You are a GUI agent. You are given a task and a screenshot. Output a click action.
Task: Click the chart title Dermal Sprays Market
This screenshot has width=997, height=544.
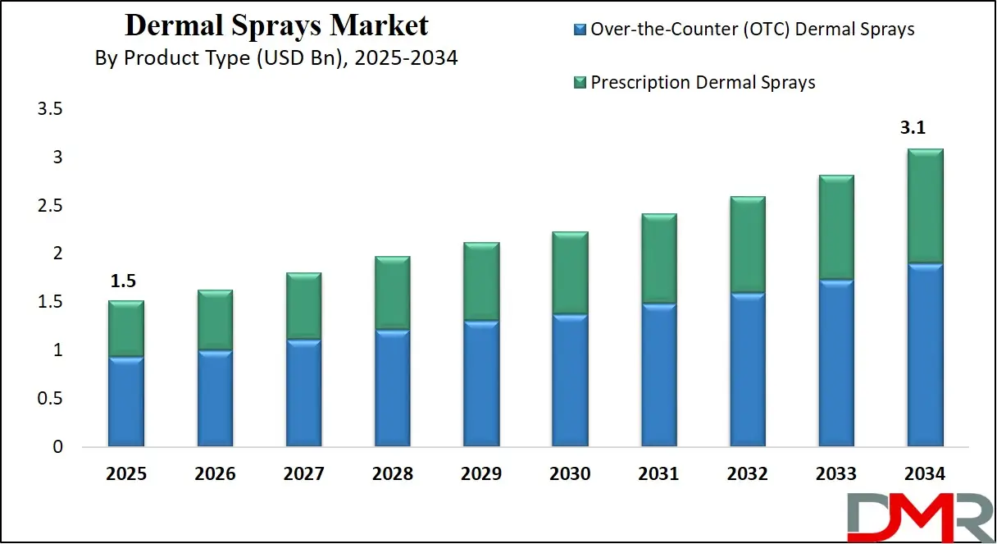pos(276,25)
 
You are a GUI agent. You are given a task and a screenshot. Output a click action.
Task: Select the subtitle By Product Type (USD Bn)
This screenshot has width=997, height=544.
pos(276,59)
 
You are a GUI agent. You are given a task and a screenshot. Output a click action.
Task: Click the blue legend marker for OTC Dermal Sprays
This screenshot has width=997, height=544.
pos(580,30)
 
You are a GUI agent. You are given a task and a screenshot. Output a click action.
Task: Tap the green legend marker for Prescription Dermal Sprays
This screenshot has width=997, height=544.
pos(580,82)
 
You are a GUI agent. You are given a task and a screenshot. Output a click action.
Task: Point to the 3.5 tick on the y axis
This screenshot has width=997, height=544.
pos(51,109)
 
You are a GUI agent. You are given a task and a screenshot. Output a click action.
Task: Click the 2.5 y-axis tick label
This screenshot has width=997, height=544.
pos(51,206)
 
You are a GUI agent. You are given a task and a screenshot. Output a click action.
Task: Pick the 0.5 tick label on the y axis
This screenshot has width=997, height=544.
pos(51,399)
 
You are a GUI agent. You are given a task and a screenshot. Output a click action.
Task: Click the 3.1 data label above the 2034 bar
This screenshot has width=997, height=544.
pos(924,128)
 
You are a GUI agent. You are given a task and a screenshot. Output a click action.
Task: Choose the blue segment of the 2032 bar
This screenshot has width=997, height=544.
pos(747,369)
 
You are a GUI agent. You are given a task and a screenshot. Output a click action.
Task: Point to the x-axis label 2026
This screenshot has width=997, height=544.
pos(214,474)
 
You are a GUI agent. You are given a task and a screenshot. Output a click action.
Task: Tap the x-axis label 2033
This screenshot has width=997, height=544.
pos(835,474)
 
